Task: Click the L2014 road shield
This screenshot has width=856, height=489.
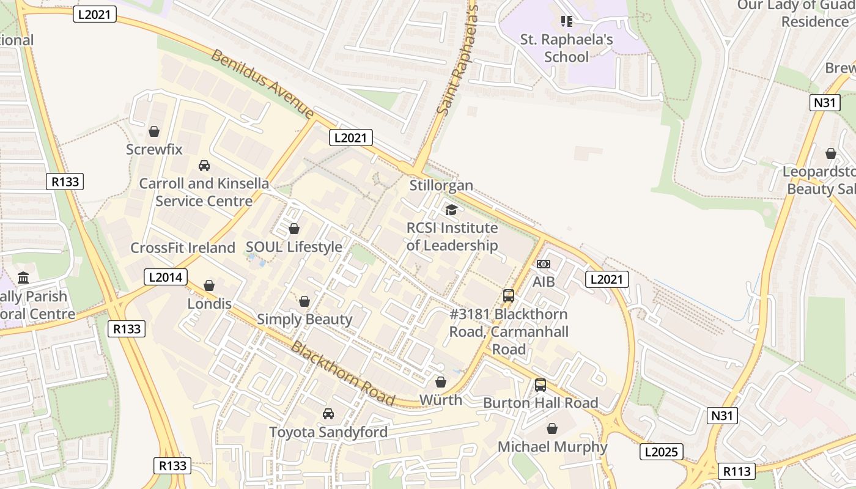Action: pyautogui.click(x=166, y=277)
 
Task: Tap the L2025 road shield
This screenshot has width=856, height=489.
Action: pyautogui.click(x=661, y=452)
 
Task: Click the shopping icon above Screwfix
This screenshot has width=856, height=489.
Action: pyautogui.click(x=154, y=131)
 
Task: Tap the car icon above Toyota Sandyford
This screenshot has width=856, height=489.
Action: pyautogui.click(x=328, y=414)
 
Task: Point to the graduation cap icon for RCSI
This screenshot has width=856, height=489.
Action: pyautogui.click(x=451, y=210)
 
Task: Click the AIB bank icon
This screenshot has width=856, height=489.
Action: pyautogui.click(x=543, y=264)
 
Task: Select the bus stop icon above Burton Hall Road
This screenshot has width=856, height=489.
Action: pyautogui.click(x=541, y=385)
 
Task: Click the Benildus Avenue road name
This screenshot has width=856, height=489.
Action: pyautogui.click(x=262, y=84)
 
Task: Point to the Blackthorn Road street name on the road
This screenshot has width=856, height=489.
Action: pyautogui.click(x=342, y=373)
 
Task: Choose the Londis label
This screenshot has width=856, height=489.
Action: pyautogui.click(x=209, y=304)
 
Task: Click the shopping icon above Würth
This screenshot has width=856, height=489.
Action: pyautogui.click(x=440, y=382)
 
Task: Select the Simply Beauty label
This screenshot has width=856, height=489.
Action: pyautogui.click(x=304, y=319)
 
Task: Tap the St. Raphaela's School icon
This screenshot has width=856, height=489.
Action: pyautogui.click(x=567, y=22)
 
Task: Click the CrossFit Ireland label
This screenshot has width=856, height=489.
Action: pyautogui.click(x=182, y=248)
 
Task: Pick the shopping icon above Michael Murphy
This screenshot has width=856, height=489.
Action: pyautogui.click(x=552, y=428)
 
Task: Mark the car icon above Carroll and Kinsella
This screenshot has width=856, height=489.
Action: pyautogui.click(x=204, y=166)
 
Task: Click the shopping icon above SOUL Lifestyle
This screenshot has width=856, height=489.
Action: pyautogui.click(x=294, y=229)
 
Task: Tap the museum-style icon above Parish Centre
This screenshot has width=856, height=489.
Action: pyautogui.click(x=23, y=278)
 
